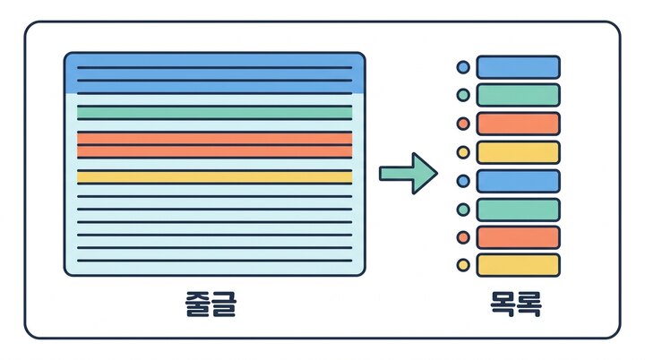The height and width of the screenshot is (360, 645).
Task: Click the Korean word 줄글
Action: point(211,304)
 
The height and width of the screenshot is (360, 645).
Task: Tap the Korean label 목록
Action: point(516,304)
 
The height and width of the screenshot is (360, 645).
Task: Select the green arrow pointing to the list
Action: point(408,173)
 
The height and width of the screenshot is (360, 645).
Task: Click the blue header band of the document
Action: point(215,73)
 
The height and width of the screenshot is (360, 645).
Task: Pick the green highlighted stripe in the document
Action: point(215,112)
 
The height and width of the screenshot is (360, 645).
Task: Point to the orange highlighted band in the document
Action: point(215,145)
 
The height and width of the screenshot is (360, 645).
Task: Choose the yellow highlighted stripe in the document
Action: point(215,177)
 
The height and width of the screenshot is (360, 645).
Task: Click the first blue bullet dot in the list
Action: point(463,67)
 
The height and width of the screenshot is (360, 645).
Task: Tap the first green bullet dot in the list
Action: point(463,95)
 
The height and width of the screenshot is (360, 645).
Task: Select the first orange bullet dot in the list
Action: point(463,124)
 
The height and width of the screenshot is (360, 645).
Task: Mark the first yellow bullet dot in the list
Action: point(463,152)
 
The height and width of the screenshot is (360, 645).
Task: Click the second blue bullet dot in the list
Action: point(463,181)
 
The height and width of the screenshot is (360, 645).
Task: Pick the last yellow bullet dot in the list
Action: point(463,265)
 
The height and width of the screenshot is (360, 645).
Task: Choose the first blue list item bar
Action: point(519,67)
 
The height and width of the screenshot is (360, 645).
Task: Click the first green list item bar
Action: point(519,95)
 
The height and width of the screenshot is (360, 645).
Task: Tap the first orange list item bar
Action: point(519,124)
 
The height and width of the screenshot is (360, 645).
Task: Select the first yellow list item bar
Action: point(519,152)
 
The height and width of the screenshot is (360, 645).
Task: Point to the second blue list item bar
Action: point(519,181)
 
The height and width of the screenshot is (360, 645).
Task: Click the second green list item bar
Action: point(519,210)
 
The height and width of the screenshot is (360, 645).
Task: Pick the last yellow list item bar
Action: point(519,265)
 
